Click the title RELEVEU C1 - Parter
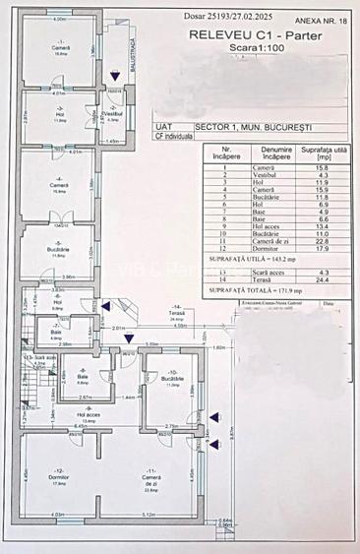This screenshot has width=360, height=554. click(244, 33)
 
